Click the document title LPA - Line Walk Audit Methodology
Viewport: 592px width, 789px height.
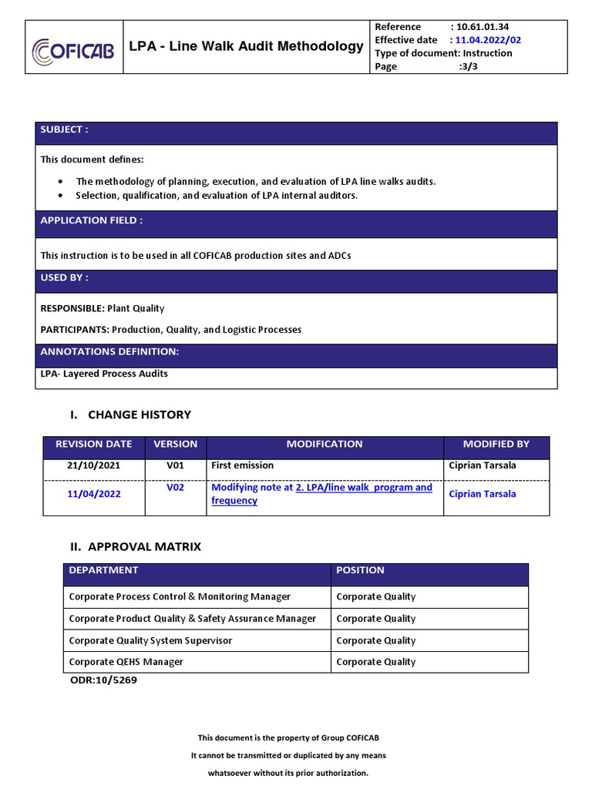coord(246,46)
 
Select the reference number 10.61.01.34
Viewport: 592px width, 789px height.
coord(486,27)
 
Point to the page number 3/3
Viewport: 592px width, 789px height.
coord(469,67)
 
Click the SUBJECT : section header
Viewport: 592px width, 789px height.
coord(65,129)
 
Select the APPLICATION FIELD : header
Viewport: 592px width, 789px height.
coord(92,220)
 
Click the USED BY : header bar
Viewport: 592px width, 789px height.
coord(65,277)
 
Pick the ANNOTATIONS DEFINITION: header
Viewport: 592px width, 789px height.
coord(110,351)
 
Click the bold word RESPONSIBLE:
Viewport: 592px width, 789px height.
coord(72,308)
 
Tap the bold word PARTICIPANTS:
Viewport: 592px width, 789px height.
coord(75,330)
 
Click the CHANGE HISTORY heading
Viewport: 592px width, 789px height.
coord(139,415)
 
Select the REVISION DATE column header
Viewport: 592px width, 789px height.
coord(93,445)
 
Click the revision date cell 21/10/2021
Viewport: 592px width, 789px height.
coord(93,466)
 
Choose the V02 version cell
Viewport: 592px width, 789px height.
coord(176,488)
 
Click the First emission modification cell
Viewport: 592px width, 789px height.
coord(243,466)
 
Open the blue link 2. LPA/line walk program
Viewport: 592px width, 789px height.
coord(364,488)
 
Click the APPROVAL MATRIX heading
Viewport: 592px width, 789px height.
coord(144,546)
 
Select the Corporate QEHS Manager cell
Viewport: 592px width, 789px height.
coord(126,662)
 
